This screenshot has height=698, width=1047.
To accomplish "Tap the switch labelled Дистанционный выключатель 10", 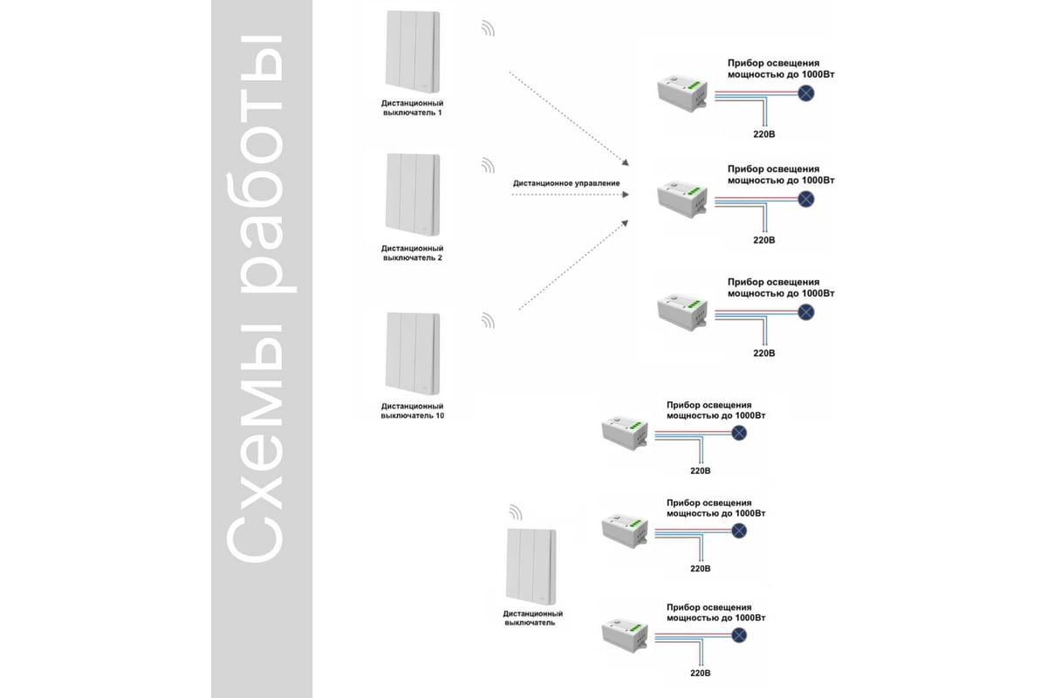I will tap(412, 352).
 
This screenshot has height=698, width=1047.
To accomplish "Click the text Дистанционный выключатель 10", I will tap(412, 411).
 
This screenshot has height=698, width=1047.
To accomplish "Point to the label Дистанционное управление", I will tap(566, 183).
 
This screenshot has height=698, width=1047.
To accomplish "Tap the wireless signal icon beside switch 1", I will tap(487, 30).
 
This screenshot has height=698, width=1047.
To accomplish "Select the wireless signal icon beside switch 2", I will tap(487, 166).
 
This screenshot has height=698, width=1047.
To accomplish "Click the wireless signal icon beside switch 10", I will tap(487, 321).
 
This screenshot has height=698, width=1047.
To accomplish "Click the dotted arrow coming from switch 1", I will tap(567, 118).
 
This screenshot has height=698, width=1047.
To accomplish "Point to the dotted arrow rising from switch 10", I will tap(571, 265).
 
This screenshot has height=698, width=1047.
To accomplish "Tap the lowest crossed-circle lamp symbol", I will tap(740, 634).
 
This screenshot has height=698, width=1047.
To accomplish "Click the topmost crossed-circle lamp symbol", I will tap(807, 94).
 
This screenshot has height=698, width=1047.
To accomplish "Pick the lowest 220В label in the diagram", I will tap(701, 674).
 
